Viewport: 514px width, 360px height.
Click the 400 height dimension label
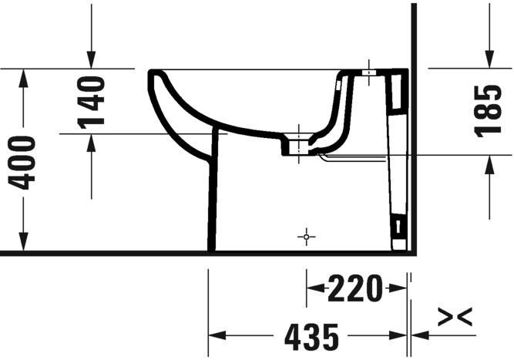pyautogui.click(x=22, y=163)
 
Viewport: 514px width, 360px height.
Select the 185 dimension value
pyautogui.click(x=488, y=111)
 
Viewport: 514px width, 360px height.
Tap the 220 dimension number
pyautogui.click(x=355, y=288)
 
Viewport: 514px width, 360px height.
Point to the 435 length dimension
pyautogui.click(x=311, y=337)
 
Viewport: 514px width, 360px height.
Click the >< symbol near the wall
pyautogui.click(x=455, y=316)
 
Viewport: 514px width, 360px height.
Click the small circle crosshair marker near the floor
pyautogui.click(x=307, y=237)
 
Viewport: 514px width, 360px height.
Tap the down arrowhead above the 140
pyautogui.click(x=92, y=60)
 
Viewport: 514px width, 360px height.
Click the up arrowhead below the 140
pyautogui.click(x=92, y=143)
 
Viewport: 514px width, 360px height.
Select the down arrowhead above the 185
pyautogui.click(x=490, y=59)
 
